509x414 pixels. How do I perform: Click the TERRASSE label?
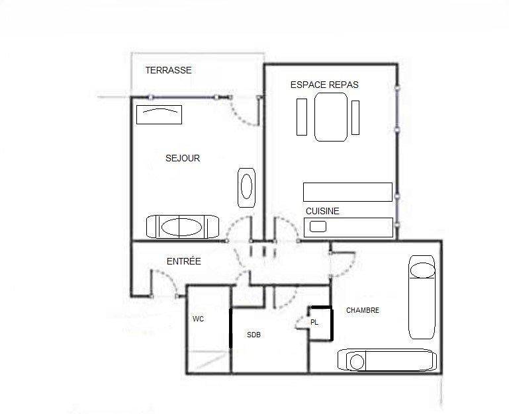[169, 70]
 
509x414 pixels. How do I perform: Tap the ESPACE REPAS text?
[324, 85]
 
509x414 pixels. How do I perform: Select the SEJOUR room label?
[183, 158]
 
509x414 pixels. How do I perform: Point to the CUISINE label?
[322, 211]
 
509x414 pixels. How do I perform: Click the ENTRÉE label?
[184, 261]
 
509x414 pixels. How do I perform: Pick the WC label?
[198, 319]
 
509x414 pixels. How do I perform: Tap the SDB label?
[254, 335]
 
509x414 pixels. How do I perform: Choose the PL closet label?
[314, 323]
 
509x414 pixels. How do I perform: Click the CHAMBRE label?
[363, 310]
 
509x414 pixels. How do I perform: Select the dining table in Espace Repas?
[331, 117]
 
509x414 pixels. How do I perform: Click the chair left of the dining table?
[302, 117]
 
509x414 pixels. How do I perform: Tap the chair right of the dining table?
[355, 118]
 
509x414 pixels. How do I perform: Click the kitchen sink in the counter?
[318, 226]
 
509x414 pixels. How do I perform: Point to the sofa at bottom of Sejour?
[183, 226]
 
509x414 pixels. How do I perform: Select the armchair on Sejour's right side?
[246, 188]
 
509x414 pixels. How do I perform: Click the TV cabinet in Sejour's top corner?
[159, 114]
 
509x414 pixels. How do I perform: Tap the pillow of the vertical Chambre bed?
[422, 270]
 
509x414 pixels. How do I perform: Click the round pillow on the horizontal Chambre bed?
[357, 362]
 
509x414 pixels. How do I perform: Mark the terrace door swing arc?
[240, 117]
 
